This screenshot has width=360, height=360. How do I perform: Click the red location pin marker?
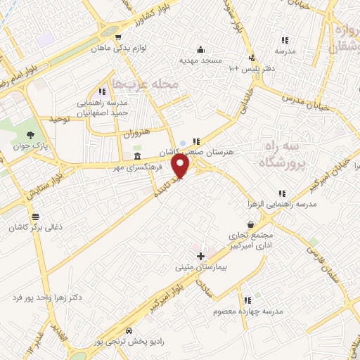click(181, 166)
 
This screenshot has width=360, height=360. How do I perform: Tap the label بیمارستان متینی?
click(200, 267)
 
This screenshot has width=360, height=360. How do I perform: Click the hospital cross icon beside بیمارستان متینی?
click(201, 255)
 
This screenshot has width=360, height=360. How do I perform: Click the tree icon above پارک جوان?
click(30, 136)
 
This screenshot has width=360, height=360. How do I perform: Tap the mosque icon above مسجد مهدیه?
click(201, 49)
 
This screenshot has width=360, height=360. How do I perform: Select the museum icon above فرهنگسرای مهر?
click(136, 156)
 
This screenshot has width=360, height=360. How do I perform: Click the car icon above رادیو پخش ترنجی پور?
click(128, 330)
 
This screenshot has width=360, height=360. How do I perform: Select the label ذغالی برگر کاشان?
click(35, 229)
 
